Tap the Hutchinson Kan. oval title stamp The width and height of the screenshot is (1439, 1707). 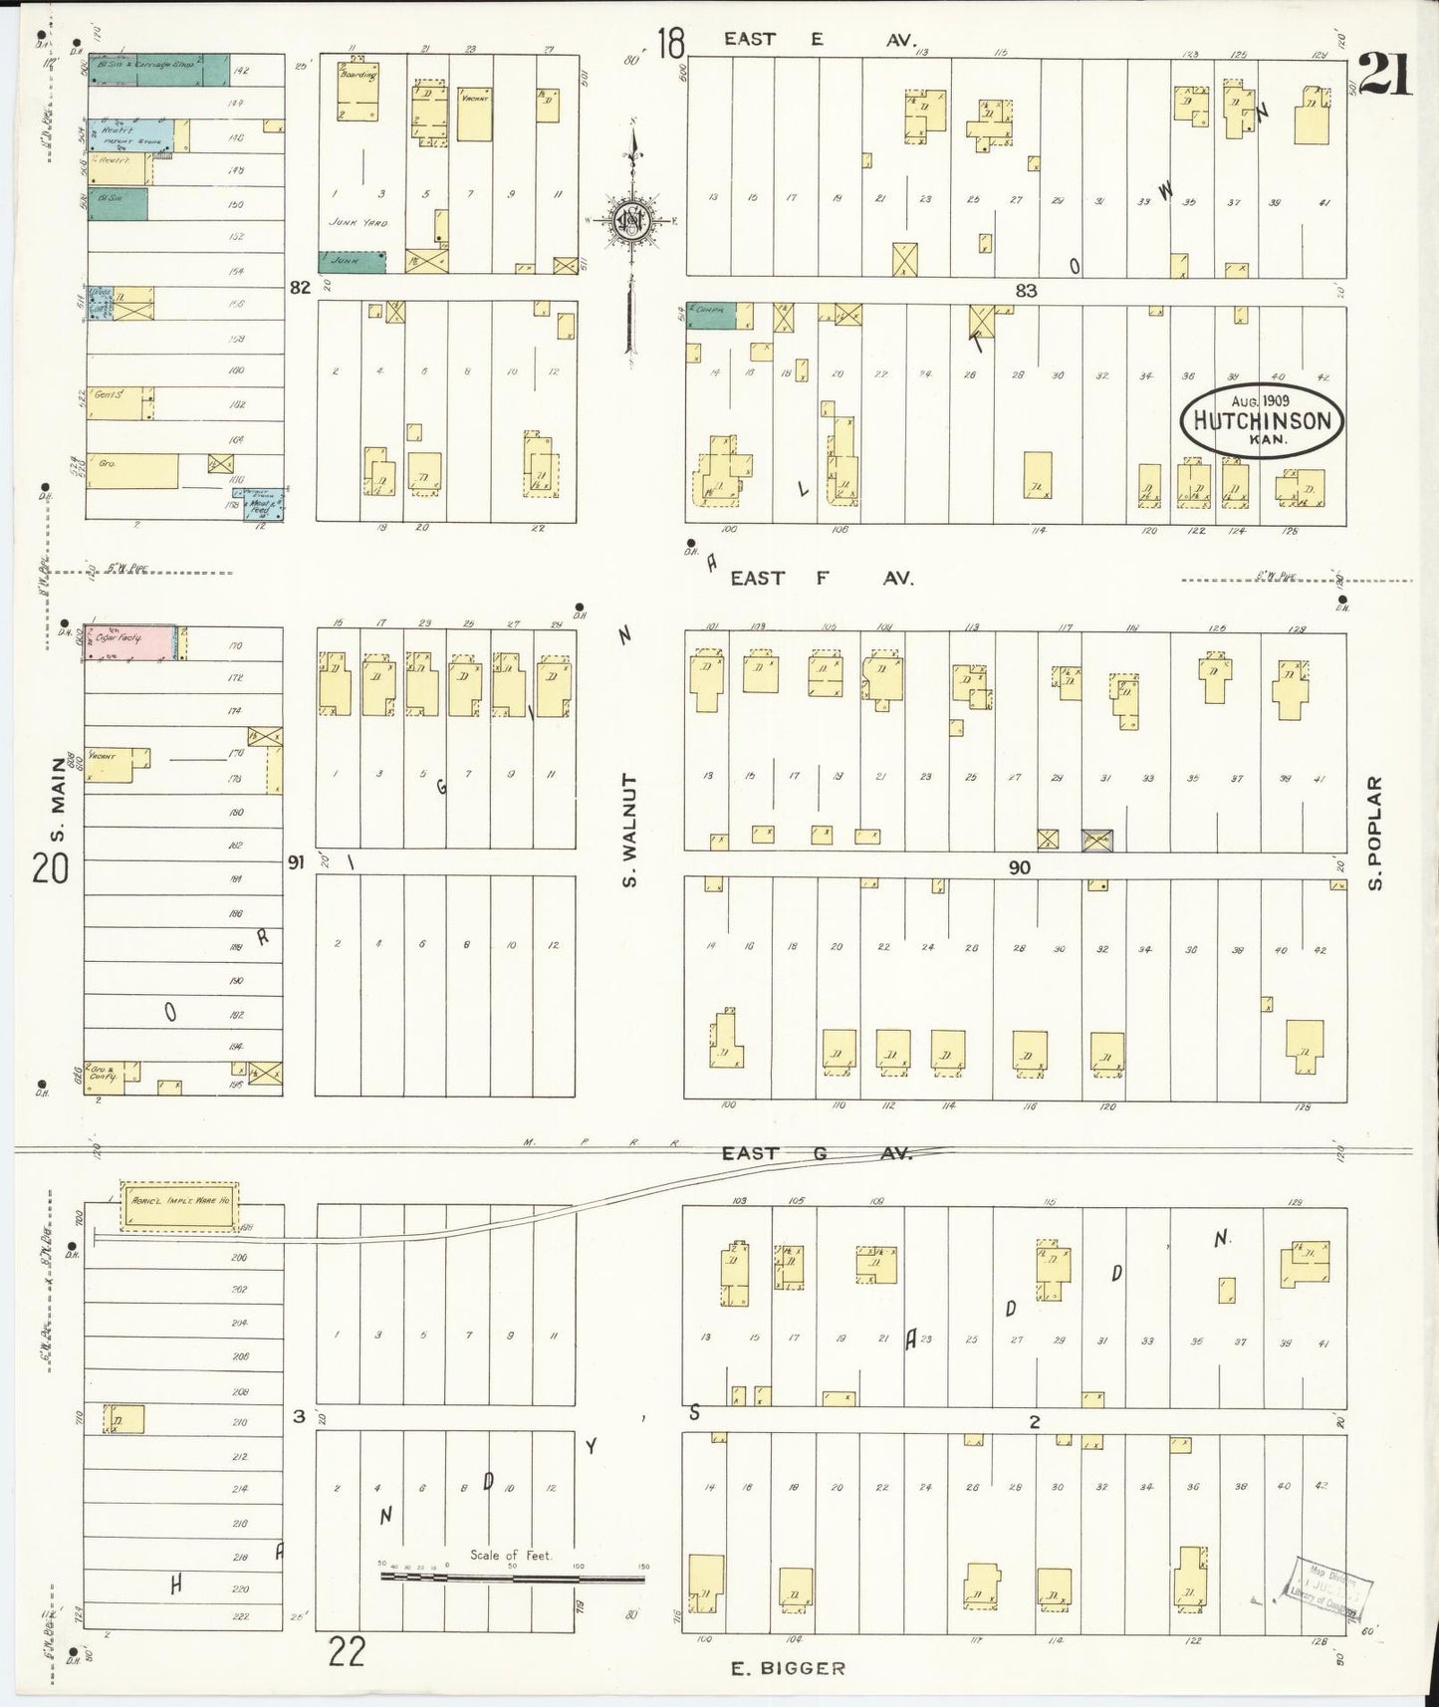click(1262, 421)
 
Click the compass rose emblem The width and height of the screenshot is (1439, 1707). click(633, 221)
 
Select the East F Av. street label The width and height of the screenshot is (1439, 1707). click(822, 578)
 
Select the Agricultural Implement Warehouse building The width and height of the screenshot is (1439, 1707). click(180, 1199)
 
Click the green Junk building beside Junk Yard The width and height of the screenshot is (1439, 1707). click(352, 261)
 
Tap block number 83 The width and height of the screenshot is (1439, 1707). click(1027, 291)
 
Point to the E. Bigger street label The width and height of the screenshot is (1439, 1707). click(788, 1668)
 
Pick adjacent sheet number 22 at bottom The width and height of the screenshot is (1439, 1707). click(346, 1652)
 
